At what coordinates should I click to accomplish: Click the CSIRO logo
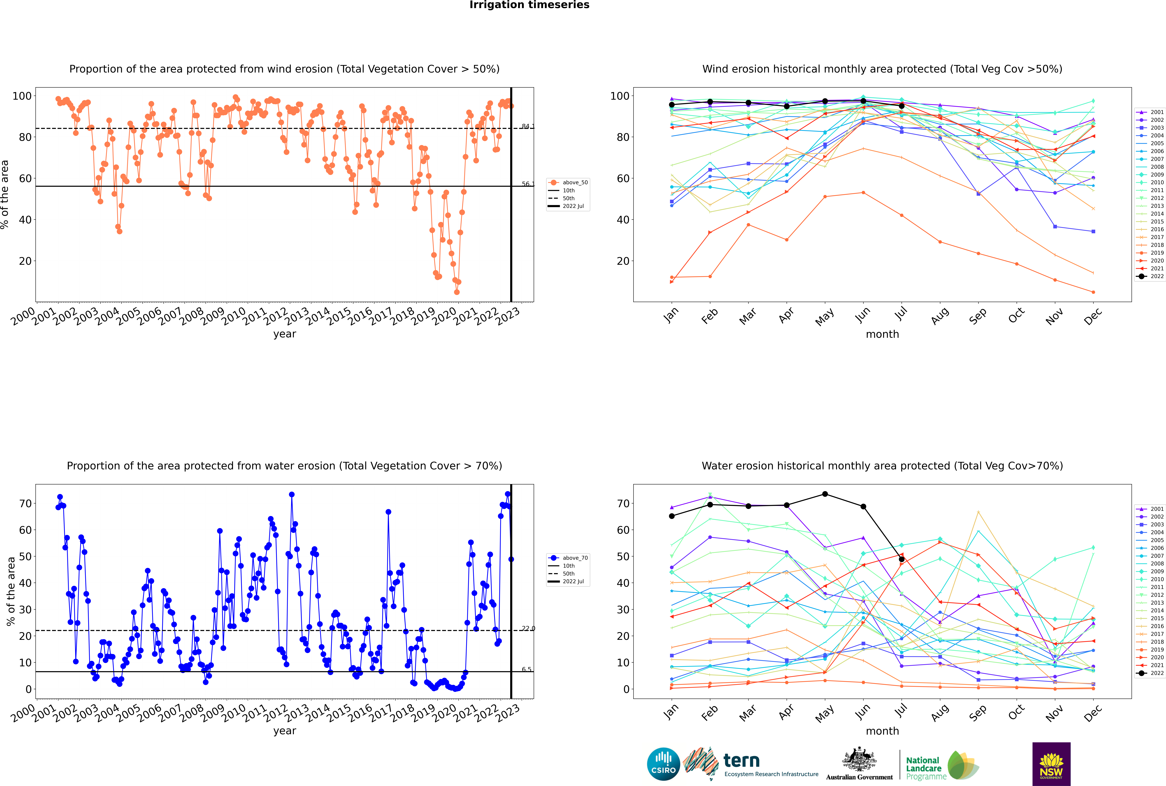click(x=663, y=764)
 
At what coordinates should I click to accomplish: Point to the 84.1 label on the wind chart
click(x=528, y=126)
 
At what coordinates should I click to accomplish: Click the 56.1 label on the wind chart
click(x=528, y=184)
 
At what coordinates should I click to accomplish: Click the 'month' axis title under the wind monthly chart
click(x=882, y=334)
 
